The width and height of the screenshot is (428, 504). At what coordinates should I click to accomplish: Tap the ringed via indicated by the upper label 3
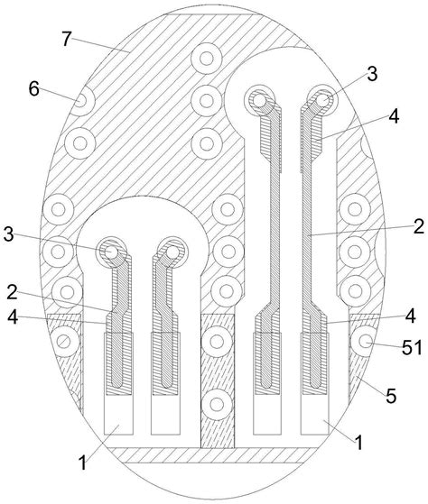click(322, 99)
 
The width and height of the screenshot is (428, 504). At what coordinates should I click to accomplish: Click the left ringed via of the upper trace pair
click(263, 100)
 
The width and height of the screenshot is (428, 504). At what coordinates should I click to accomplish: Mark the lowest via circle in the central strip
click(216, 403)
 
